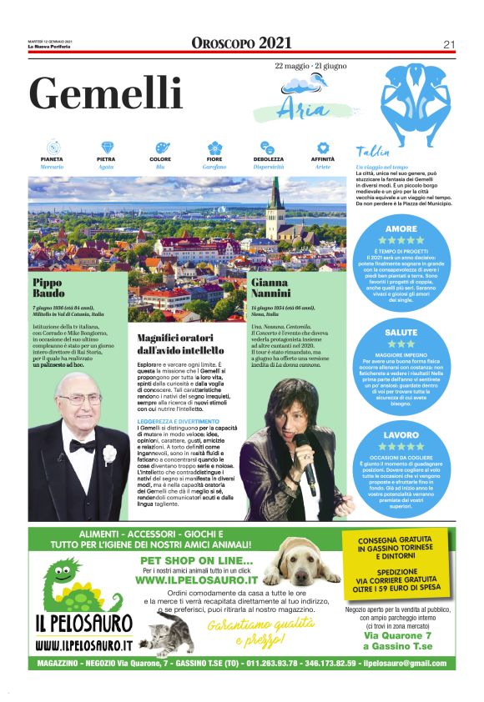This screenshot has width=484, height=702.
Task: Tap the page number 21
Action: click(449, 44)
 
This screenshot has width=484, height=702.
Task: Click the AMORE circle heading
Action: click(401, 228)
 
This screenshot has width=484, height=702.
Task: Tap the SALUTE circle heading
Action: click(401, 332)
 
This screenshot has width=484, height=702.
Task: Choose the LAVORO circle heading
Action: click(401, 435)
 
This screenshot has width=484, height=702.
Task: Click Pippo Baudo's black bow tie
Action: click(82, 445)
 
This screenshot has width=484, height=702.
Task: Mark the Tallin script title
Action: click(372, 151)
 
